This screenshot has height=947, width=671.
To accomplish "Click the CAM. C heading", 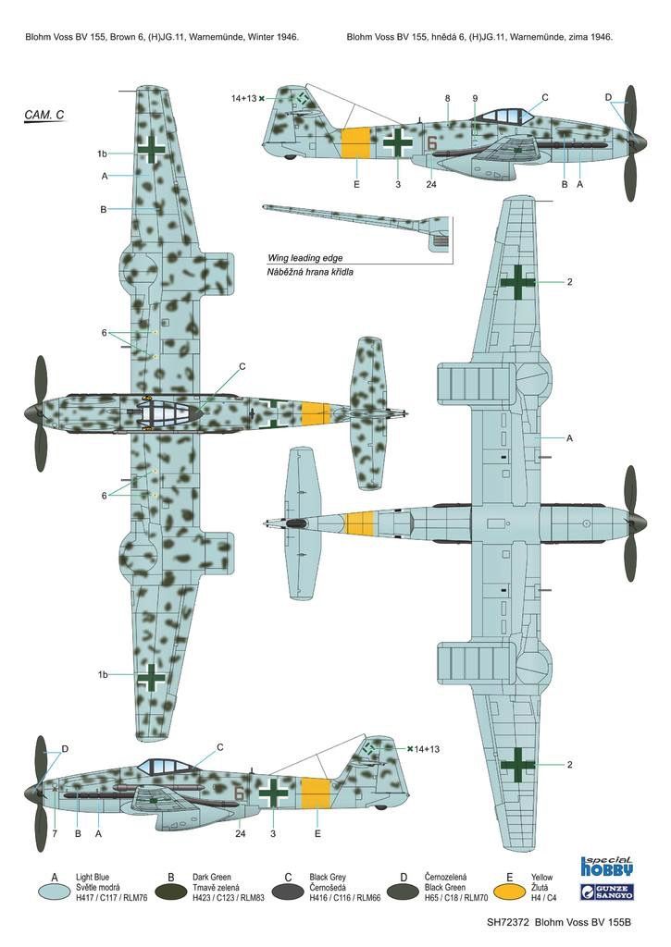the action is [44, 115].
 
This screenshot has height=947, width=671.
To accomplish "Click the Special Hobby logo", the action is [606, 866].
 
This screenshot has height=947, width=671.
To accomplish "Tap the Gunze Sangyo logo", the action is [606, 892].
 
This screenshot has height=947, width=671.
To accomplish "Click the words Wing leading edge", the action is [305, 258].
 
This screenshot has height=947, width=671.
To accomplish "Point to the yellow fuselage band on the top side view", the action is [355, 143].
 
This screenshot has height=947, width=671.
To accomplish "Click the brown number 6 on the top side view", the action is [431, 143].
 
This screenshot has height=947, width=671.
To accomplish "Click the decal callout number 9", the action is [475, 98].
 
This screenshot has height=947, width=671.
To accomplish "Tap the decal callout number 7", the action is [54, 834].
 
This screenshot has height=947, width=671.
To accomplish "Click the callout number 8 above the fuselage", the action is [447, 98].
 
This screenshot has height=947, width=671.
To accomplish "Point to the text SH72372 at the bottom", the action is [508, 922].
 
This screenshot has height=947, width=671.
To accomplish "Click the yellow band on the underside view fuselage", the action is [361, 523].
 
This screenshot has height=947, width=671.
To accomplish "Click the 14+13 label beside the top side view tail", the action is [243, 98].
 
